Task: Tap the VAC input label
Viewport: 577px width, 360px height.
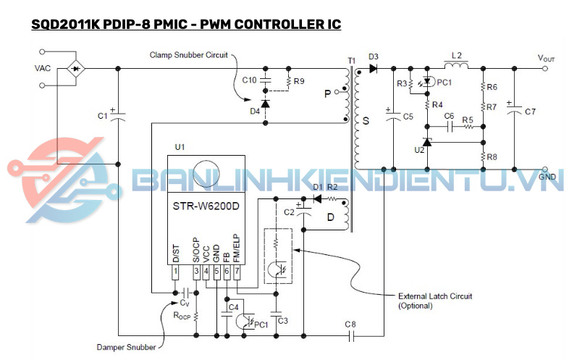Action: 43,68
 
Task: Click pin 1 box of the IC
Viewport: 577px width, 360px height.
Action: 174,272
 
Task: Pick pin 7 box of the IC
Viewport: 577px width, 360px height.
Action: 237,272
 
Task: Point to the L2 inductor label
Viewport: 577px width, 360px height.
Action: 456,55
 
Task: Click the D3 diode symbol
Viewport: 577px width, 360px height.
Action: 372,68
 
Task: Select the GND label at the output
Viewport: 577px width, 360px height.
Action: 547,176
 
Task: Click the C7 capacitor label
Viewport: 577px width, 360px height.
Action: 530,112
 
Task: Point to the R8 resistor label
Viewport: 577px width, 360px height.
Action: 492,156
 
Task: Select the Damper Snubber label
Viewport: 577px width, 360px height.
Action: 127,348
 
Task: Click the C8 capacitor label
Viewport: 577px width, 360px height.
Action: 350,324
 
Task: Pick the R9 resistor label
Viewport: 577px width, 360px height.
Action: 300,80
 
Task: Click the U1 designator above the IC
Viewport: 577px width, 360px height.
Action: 180,147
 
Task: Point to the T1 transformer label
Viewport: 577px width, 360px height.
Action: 352,59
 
